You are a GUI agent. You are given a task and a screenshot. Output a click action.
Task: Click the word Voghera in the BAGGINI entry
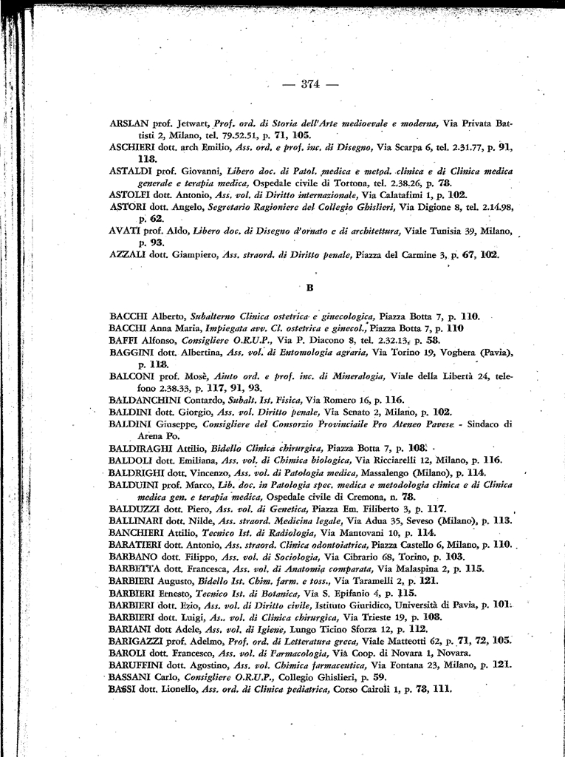[x=456, y=353]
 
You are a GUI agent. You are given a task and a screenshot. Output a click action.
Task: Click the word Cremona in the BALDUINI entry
[x=379, y=497]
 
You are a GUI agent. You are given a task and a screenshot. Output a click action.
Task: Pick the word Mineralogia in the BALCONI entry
[x=357, y=376]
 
